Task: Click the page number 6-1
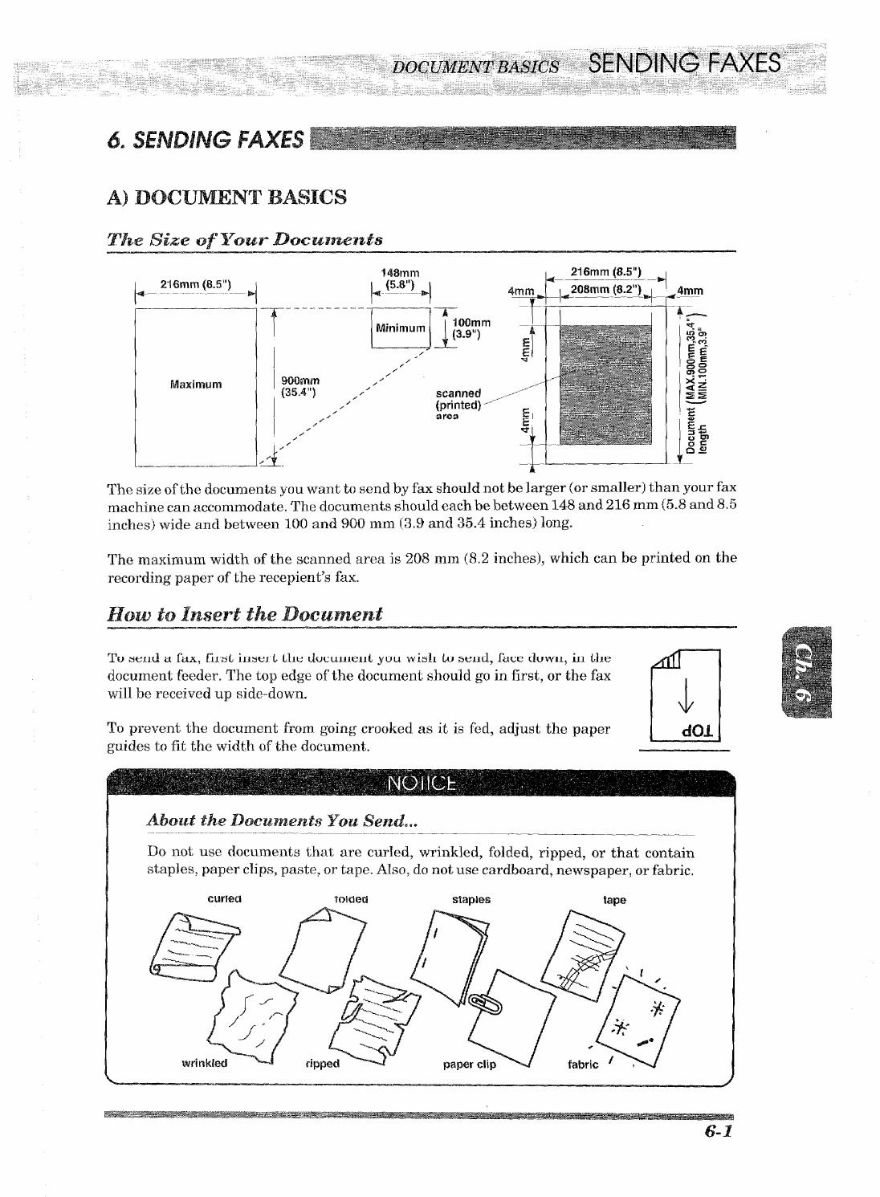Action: tap(718, 1132)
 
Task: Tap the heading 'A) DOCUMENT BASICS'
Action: tap(227, 197)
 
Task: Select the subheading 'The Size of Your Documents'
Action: tap(245, 240)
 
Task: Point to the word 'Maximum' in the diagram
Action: tap(196, 385)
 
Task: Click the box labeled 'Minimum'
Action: tap(400, 328)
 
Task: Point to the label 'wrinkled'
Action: tap(205, 1064)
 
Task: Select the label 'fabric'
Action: tap(583, 1065)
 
